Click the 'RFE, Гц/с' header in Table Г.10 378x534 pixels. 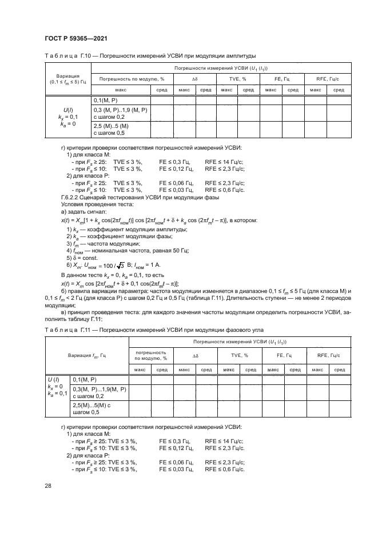click(328, 78)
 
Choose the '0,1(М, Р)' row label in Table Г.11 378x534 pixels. click(86, 379)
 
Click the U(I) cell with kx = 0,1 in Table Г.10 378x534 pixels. click(67, 117)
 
